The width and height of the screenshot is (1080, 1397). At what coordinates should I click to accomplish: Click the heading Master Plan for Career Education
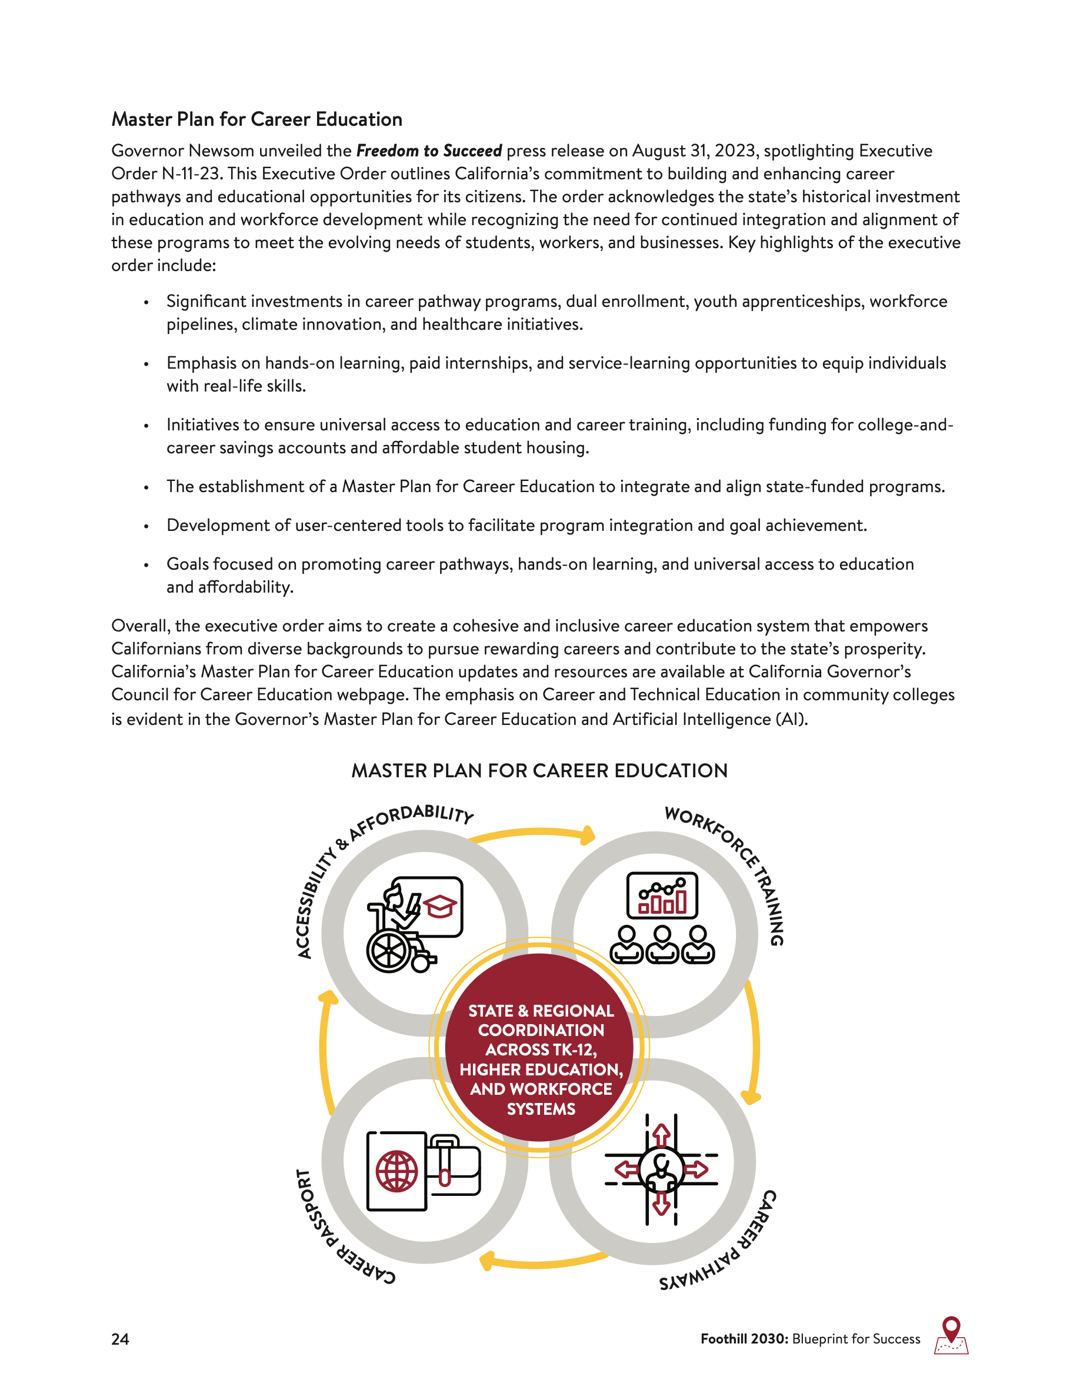pos(256,119)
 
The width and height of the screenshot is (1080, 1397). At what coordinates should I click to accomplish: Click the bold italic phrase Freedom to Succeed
pos(429,151)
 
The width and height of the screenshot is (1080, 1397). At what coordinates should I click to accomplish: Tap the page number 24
pos(120,1339)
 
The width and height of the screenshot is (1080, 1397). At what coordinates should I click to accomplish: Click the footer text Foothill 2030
pos(744,1339)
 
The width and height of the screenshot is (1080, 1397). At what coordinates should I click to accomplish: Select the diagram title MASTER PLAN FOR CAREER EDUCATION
pos(539,771)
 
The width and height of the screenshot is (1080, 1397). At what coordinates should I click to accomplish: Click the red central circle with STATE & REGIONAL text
pos(540,1049)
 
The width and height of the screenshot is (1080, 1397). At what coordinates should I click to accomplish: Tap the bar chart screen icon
pos(662,895)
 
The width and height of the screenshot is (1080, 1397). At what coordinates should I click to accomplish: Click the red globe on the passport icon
pos(396,1172)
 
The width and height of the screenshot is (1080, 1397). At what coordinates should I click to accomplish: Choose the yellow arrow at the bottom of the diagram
pos(544,1261)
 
